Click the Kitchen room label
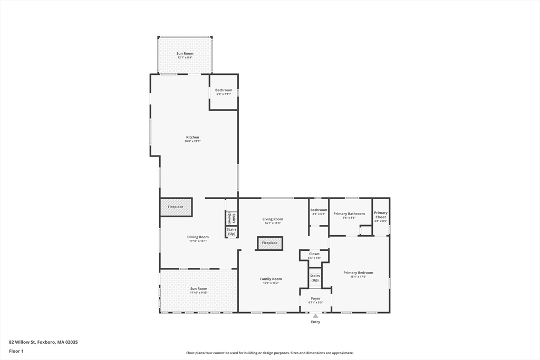click(x=192, y=137)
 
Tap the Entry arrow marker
click(x=315, y=316)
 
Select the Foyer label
click(x=315, y=298)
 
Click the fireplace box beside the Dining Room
click(x=176, y=207)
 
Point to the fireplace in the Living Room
click(x=269, y=243)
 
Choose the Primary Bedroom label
click(x=358, y=273)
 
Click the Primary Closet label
click(x=381, y=215)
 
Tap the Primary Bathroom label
click(x=349, y=213)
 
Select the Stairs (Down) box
click(x=230, y=218)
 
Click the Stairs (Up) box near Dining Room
click(x=232, y=231)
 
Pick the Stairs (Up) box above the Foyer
click(x=315, y=278)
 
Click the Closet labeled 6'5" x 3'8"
click(x=314, y=256)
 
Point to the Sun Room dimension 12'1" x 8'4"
click(x=185, y=58)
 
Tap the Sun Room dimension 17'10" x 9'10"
click(x=199, y=293)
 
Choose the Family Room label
click(x=271, y=279)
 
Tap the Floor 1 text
click(x=16, y=351)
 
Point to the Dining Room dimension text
click(x=198, y=241)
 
